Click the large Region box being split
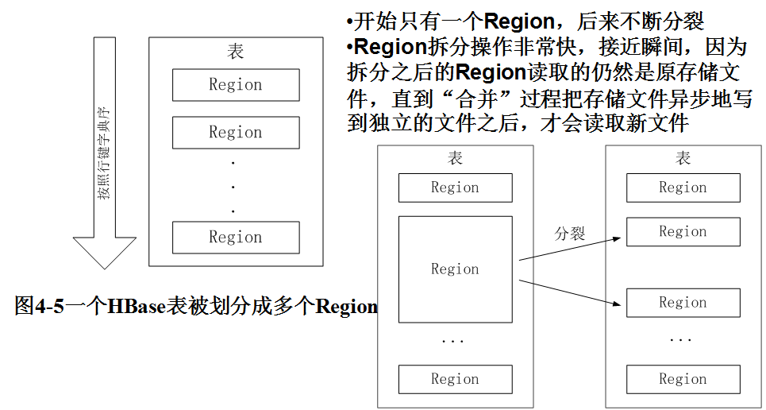click(455, 269)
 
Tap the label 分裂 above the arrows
click(569, 234)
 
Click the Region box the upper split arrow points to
click(683, 232)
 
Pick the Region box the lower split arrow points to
click(683, 303)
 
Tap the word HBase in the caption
click(137, 307)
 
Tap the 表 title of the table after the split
click(683, 158)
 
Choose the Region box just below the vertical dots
click(236, 237)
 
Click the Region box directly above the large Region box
click(455, 188)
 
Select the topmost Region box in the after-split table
click(683, 188)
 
